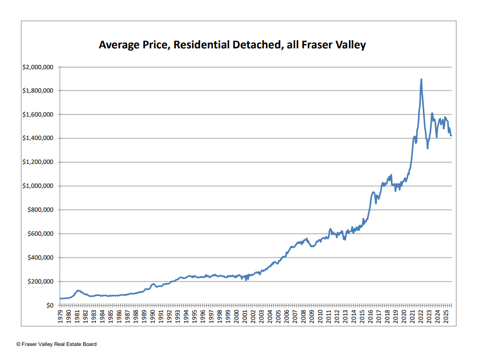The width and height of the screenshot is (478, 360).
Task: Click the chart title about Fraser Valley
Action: [232, 45]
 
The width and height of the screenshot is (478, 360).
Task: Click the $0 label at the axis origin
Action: [51, 305]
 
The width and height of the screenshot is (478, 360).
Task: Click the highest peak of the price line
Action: [421, 80]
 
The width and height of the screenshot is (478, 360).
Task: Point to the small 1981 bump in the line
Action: [78, 290]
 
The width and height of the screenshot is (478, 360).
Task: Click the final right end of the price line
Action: [451, 136]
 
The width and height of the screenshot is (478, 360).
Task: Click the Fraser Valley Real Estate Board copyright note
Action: [56, 344]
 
